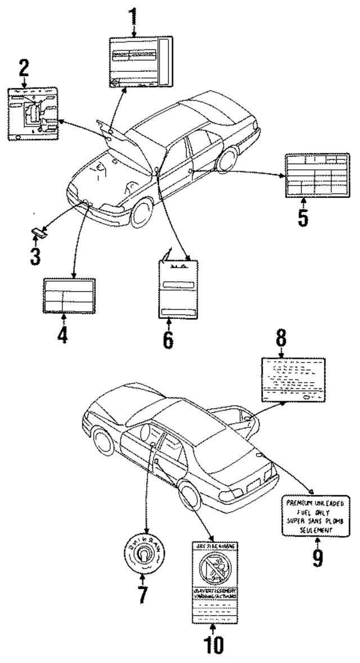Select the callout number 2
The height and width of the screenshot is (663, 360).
pyautogui.click(x=23, y=70)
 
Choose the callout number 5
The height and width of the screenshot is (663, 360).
pyautogui.click(x=303, y=215)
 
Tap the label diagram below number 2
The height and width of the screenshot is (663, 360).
pyautogui.click(x=35, y=114)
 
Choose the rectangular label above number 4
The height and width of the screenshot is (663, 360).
pyautogui.click(x=68, y=295)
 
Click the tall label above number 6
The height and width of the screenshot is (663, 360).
pyautogui.click(x=179, y=288)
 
